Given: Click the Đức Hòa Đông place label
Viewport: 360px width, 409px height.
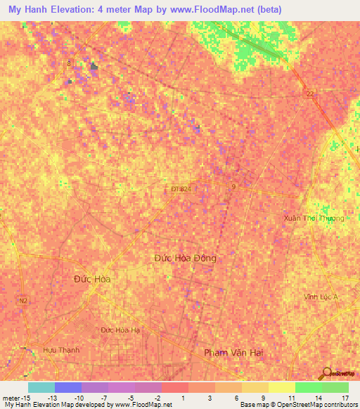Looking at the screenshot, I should pyautogui.click(x=186, y=258).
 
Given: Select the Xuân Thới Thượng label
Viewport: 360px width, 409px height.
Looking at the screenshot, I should pyautogui.click(x=314, y=218).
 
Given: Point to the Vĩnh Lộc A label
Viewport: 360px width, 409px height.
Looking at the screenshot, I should pyautogui.click(x=321, y=297).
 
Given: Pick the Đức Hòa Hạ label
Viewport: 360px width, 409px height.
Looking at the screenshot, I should pyautogui.click(x=120, y=330).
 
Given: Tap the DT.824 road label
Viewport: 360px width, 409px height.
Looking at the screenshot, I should pyautogui.click(x=181, y=189).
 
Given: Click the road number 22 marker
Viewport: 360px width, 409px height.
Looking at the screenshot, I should pyautogui.click(x=309, y=93).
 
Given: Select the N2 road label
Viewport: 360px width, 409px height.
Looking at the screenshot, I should pyautogui.click(x=23, y=300).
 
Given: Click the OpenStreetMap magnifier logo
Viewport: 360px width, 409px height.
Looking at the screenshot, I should pyautogui.click(x=326, y=374).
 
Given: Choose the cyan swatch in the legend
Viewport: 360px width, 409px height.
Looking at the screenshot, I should pyautogui.click(x=41, y=387).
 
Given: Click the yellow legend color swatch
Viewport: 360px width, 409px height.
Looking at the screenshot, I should pyautogui.click(x=255, y=387).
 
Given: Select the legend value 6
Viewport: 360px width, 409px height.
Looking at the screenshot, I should pyautogui.click(x=236, y=398).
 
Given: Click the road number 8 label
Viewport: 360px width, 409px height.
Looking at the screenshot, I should pyautogui.click(x=69, y=64).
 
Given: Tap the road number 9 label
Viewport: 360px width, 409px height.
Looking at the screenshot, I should pyautogui.click(x=233, y=187).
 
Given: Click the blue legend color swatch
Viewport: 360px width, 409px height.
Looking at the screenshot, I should pyautogui.click(x=68, y=387).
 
